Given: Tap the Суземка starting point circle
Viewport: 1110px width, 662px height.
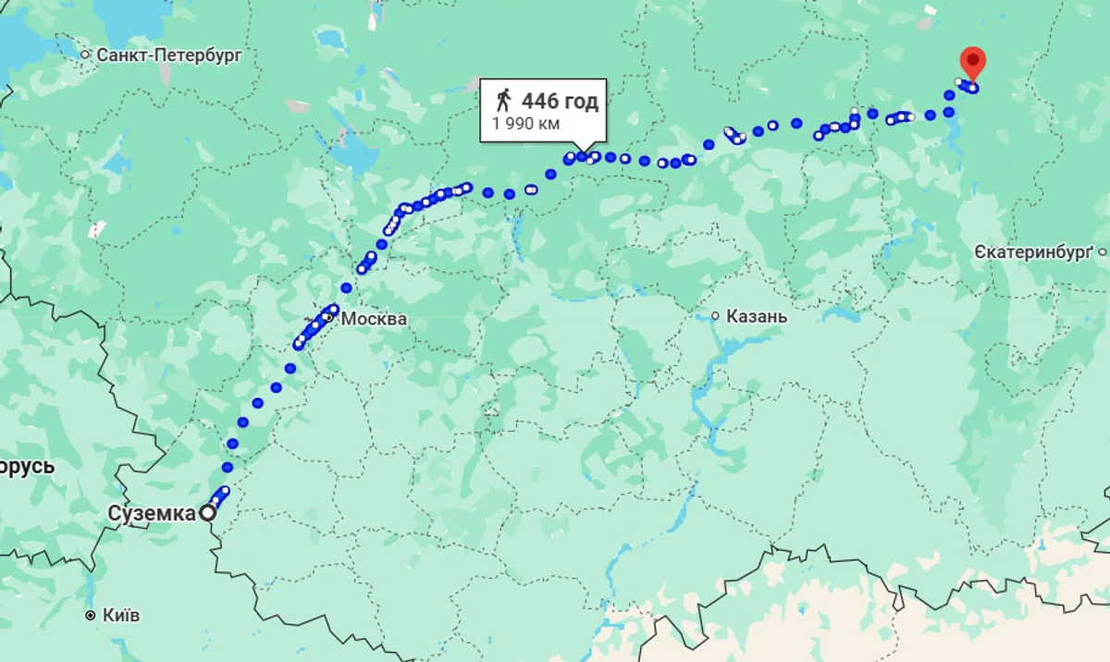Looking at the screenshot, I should pyautogui.click(x=209, y=512).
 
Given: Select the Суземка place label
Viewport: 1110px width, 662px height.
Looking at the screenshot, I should pyautogui.click(x=151, y=512).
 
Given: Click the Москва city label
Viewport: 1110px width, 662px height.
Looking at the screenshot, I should pyautogui.click(x=374, y=319).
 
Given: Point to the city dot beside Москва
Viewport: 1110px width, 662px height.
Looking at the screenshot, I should pyautogui.click(x=327, y=318).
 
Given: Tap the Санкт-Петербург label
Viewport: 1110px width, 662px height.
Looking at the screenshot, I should pyautogui.click(x=169, y=55).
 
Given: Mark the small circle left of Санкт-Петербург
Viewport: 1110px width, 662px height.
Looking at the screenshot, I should pyautogui.click(x=86, y=55).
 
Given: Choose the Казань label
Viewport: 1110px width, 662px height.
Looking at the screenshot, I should pyautogui.click(x=757, y=316).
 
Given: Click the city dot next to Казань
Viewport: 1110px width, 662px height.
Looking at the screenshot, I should pyautogui.click(x=715, y=316).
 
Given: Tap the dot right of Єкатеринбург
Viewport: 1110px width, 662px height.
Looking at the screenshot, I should pyautogui.click(x=1103, y=251).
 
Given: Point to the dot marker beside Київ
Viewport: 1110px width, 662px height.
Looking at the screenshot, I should pyautogui.click(x=90, y=615).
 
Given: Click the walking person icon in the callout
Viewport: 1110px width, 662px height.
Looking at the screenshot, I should pyautogui.click(x=502, y=100).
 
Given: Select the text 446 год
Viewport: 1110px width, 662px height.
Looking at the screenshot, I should pyautogui.click(x=560, y=101).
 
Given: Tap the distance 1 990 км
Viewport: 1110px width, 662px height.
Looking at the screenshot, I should pyautogui.click(x=525, y=124).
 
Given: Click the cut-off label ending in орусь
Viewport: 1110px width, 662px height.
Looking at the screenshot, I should pyautogui.click(x=28, y=466).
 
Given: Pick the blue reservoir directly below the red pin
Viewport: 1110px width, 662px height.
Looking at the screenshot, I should pyautogui.click(x=950, y=129).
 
